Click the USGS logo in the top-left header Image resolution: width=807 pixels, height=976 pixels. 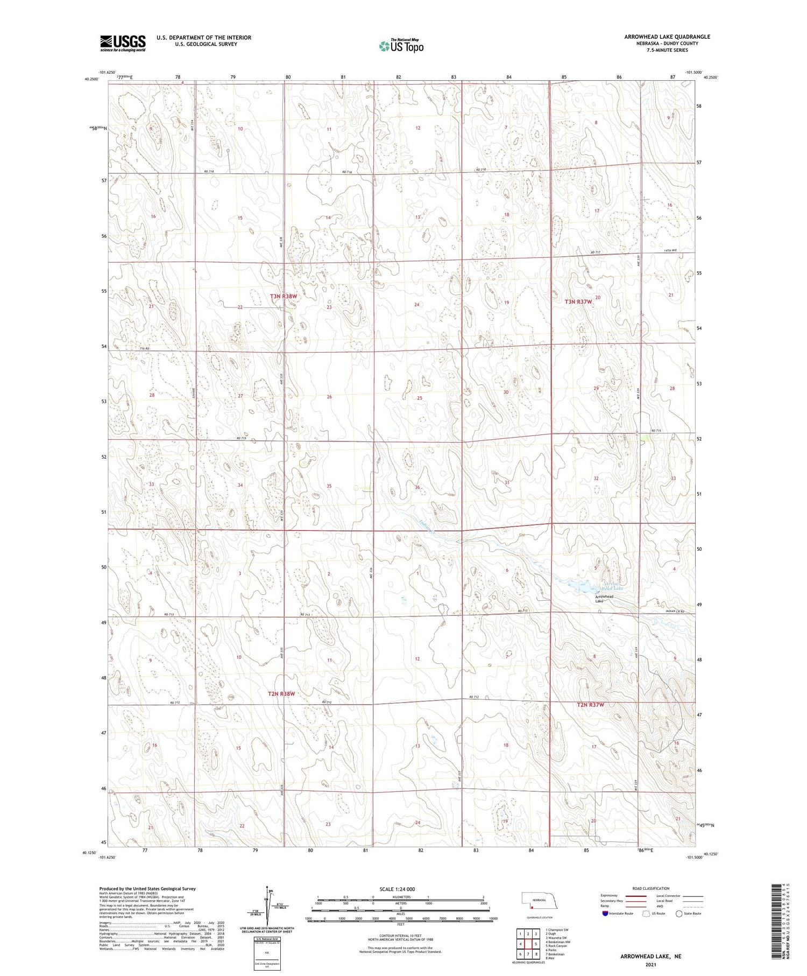[x=123, y=43]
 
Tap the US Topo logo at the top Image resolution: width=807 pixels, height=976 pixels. [x=401, y=46]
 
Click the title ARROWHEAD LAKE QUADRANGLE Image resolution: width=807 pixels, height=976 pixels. [x=667, y=37]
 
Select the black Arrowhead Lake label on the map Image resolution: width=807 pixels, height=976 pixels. [x=604, y=599]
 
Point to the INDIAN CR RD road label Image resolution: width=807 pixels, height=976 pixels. [x=675, y=611]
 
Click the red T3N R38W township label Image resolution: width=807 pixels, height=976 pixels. [x=284, y=296]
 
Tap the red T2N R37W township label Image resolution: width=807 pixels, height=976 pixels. [x=591, y=705]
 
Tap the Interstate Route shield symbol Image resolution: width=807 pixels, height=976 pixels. [x=605, y=914]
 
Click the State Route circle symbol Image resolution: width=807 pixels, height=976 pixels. [x=679, y=914]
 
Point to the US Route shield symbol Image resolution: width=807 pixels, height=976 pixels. [x=646, y=914]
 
